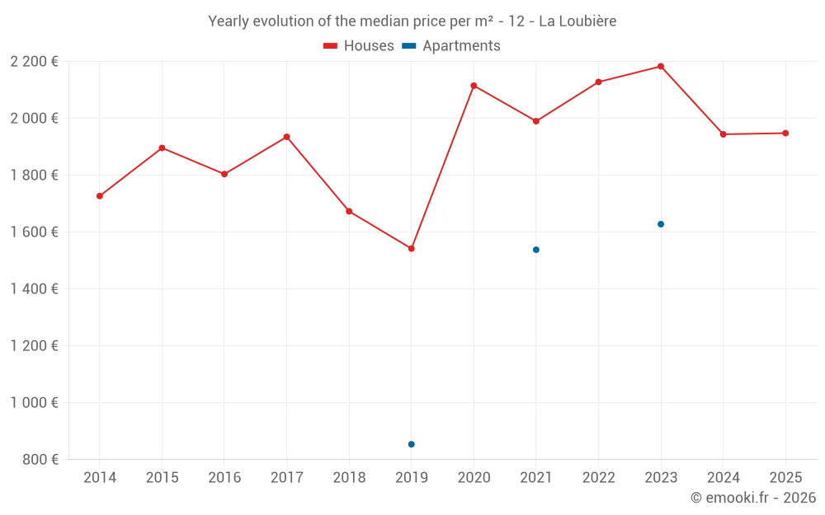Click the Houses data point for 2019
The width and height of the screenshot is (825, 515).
pyautogui.click(x=412, y=248)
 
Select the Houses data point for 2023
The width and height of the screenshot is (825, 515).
pyautogui.click(x=661, y=67)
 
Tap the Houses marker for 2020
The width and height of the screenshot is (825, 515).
pyautogui.click(x=474, y=86)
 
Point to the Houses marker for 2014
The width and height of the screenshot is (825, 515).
pyautogui.click(x=100, y=196)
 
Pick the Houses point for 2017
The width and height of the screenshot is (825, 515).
pyautogui.click(x=286, y=137)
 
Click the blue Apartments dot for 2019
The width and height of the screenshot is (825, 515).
pyautogui.click(x=412, y=444)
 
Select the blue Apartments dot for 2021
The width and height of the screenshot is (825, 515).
pyautogui.click(x=536, y=250)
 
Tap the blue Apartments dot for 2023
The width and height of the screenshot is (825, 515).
pyautogui.click(x=661, y=224)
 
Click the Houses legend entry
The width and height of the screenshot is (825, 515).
pyautogui.click(x=359, y=46)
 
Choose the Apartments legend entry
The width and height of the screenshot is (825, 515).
pyautogui.click(x=452, y=46)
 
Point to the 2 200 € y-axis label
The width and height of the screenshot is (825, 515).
pyautogui.click(x=34, y=61)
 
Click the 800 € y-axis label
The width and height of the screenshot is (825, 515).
pyautogui.click(x=40, y=459)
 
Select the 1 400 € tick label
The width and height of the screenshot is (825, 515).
pyautogui.click(x=34, y=288)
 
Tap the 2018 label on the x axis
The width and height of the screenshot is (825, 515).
pyautogui.click(x=349, y=478)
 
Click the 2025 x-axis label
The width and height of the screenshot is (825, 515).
pyautogui.click(x=785, y=478)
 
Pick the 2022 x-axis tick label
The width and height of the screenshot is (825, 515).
pyautogui.click(x=598, y=478)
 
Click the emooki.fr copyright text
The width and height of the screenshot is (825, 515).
pyautogui.click(x=752, y=498)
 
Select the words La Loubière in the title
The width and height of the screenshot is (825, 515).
pyautogui.click(x=577, y=21)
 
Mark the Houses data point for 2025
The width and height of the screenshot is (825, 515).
pyautogui.click(x=785, y=133)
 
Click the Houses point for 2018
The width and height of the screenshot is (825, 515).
pyautogui.click(x=349, y=212)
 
